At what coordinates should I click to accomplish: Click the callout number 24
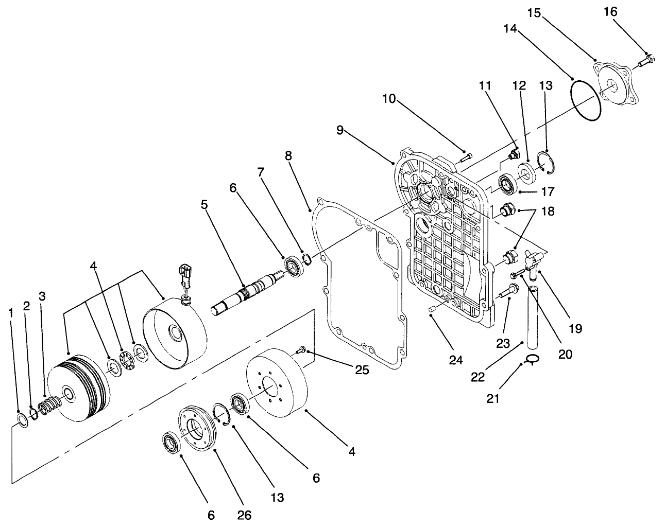(x=455, y=360)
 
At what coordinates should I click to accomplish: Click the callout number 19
(x=575, y=328)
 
